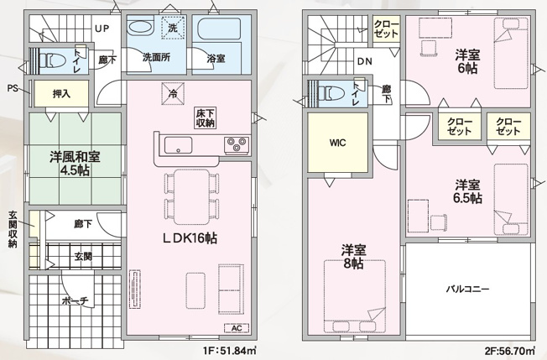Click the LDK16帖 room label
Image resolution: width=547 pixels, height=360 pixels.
[190, 238]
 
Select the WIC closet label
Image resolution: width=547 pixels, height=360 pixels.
[337, 143]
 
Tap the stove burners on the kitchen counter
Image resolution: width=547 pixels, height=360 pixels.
[235, 147]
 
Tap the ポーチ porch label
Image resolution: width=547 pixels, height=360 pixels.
[75, 300]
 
